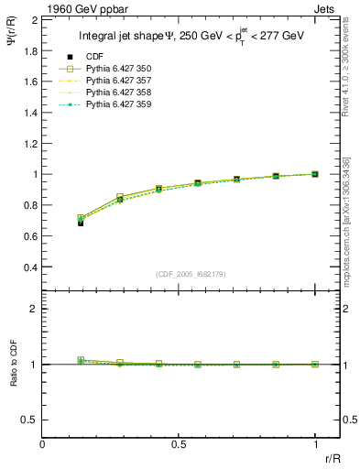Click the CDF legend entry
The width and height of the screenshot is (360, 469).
(x=109, y=58)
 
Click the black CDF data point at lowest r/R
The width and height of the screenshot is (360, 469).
(x=82, y=223)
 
